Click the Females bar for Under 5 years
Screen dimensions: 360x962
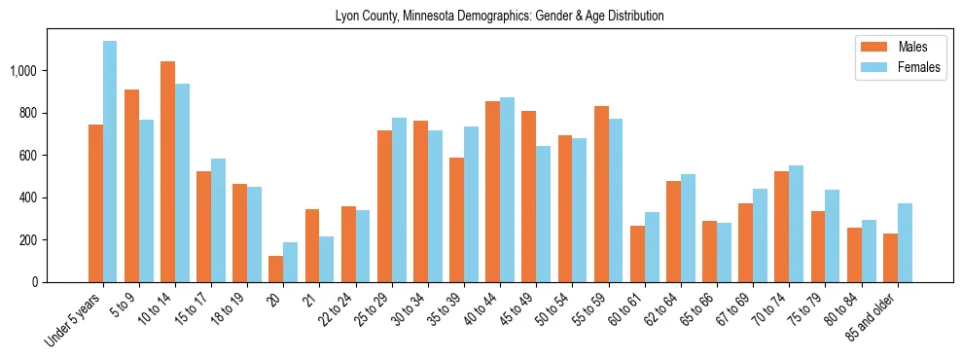tap(110, 162)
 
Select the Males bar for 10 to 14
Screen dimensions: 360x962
tap(167, 171)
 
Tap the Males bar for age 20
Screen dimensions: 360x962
tap(276, 269)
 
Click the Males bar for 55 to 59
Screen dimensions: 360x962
tap(602, 194)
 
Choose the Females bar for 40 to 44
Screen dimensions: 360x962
tap(508, 190)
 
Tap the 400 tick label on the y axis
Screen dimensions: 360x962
tap(54, 198)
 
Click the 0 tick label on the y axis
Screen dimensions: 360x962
tap(61, 282)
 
